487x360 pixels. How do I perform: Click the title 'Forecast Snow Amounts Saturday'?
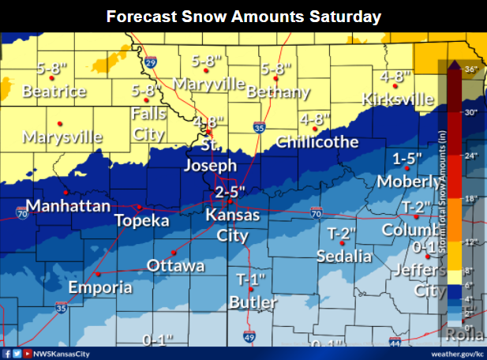243,16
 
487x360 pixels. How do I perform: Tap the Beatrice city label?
54,92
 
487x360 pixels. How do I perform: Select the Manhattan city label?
68,206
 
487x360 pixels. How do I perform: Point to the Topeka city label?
142,220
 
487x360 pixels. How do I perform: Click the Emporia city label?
100,287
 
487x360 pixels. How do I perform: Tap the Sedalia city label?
343,256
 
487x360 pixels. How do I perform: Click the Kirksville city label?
398,99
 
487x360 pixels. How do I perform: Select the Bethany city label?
278,92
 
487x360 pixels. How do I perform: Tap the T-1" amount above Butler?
252,280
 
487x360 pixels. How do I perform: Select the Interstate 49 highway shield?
249,338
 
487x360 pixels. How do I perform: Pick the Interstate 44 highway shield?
395,344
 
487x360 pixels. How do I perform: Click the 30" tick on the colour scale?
470,112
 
